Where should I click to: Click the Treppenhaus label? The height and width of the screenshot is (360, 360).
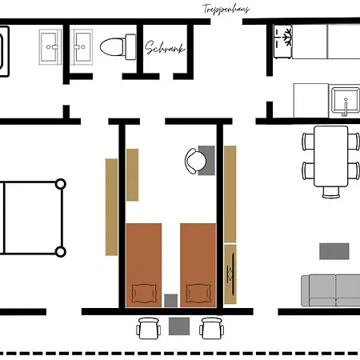click(226, 10)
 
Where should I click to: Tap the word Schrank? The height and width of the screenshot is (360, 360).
click(165, 48)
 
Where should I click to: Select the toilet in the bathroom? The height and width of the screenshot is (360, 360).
click(118, 47)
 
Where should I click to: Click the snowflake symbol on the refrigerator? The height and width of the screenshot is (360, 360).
click(287, 37)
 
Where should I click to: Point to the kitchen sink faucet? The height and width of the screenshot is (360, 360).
click(346, 107)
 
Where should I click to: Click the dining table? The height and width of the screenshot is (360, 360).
click(331, 156)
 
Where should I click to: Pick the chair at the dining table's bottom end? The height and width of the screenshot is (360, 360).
click(331, 193)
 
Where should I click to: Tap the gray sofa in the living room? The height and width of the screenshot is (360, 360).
click(330, 290)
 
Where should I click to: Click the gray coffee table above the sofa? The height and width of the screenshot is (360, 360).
click(334, 251)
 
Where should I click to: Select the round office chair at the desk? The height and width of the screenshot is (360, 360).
click(195, 161)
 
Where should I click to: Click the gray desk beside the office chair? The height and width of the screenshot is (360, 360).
click(206, 160)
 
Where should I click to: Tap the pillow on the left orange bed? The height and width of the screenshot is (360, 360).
click(144, 294)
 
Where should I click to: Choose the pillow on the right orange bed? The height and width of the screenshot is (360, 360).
click(198, 294)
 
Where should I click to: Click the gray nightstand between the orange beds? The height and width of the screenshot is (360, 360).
click(170, 301)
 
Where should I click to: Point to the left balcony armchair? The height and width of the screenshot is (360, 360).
click(148, 328)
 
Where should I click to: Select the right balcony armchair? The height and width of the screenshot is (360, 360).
click(212, 328)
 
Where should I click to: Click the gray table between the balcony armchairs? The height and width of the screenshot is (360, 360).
click(179, 326)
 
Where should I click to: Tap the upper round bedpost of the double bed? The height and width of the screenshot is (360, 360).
click(61, 184)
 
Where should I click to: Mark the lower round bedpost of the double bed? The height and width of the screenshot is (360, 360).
click(61, 252)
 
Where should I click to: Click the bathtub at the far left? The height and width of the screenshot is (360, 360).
click(4, 51)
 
